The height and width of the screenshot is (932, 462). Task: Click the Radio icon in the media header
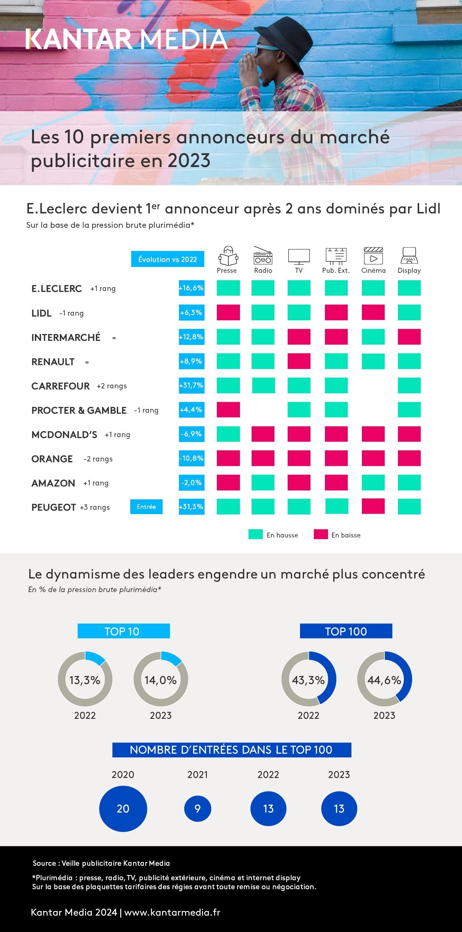263,256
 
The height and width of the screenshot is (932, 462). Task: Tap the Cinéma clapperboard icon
373,256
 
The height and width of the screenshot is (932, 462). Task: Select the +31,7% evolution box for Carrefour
192,385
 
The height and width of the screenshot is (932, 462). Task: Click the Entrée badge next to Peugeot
146,506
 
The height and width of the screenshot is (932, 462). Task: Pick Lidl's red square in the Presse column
228,312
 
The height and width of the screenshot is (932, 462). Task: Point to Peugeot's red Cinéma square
373,506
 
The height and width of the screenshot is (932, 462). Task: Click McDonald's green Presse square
228,434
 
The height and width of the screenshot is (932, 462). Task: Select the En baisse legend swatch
321,534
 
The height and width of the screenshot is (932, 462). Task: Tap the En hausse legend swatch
256,534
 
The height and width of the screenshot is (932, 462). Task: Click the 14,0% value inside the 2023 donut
160,680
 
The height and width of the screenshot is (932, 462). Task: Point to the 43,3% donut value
308,680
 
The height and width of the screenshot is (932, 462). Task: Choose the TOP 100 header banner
346,631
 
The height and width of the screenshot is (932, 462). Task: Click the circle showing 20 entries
123,809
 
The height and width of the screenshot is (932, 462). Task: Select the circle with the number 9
197,809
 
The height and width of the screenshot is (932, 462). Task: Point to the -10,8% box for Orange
192,458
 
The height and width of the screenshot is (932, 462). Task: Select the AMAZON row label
53,483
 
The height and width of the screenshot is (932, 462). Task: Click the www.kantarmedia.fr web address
172,912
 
